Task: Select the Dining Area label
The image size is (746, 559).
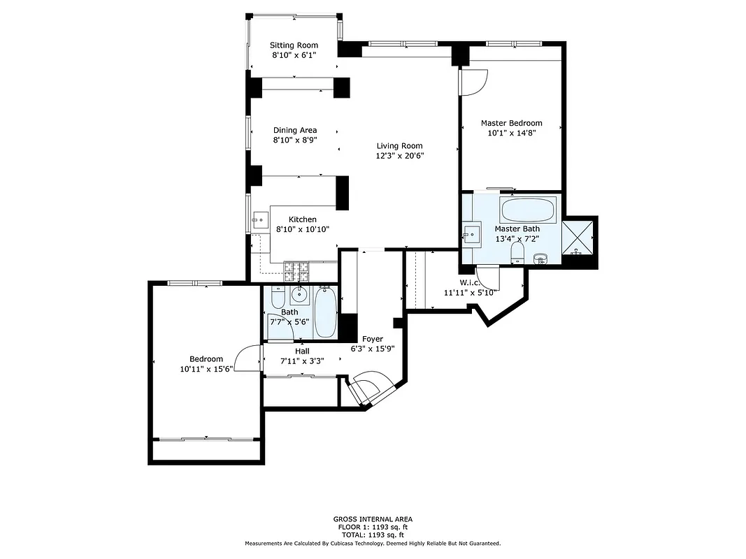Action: pyautogui.click(x=294, y=130)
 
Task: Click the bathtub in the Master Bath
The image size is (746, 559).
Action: pyautogui.click(x=529, y=209)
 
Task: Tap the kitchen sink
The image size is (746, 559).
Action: pyautogui.click(x=260, y=221)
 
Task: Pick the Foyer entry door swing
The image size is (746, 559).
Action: pyautogui.click(x=368, y=389)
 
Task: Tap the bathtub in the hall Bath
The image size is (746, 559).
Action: pyautogui.click(x=324, y=312)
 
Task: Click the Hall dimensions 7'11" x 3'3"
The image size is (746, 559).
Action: pyautogui.click(x=301, y=361)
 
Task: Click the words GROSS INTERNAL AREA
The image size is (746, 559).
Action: pyautogui.click(x=373, y=519)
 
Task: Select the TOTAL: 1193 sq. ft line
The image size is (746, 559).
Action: pyautogui.click(x=373, y=535)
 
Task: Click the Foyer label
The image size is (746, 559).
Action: pyautogui.click(x=372, y=339)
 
